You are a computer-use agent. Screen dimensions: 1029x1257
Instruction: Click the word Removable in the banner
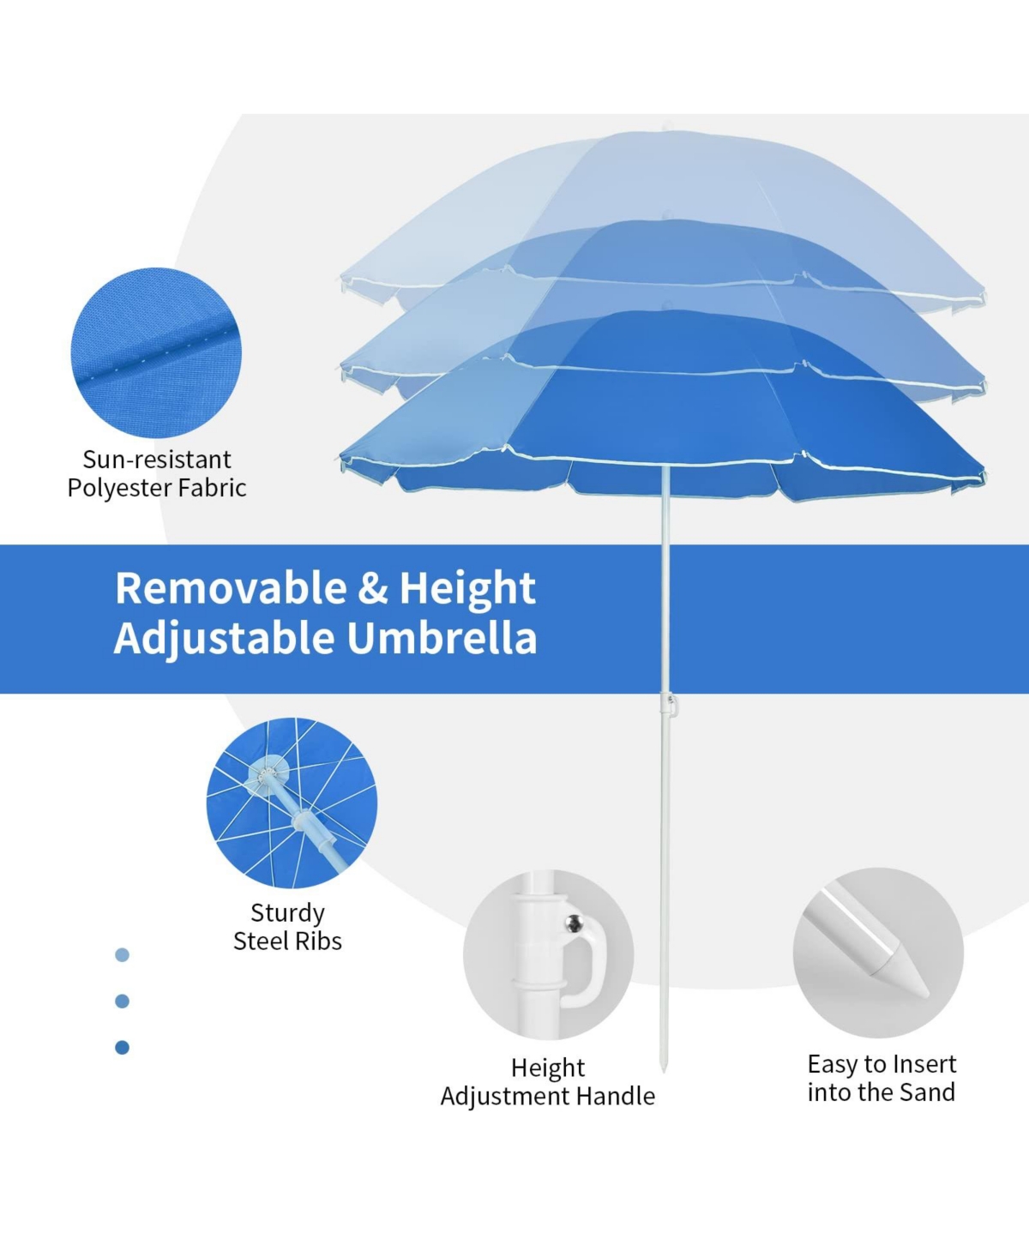231,587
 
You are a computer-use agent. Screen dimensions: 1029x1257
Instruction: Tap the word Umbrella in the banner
442,639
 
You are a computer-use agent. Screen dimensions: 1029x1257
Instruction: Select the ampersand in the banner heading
373,587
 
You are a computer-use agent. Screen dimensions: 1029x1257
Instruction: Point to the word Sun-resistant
157,460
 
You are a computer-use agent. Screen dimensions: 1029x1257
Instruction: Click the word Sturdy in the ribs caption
287,913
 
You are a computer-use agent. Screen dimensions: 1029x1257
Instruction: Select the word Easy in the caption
831,1065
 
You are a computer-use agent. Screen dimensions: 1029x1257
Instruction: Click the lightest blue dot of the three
123,955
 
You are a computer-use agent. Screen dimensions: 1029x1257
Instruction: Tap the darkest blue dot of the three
123,1047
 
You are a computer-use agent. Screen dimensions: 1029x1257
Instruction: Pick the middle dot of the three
123,1001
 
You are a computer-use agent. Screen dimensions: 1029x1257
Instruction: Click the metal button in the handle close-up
574,923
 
